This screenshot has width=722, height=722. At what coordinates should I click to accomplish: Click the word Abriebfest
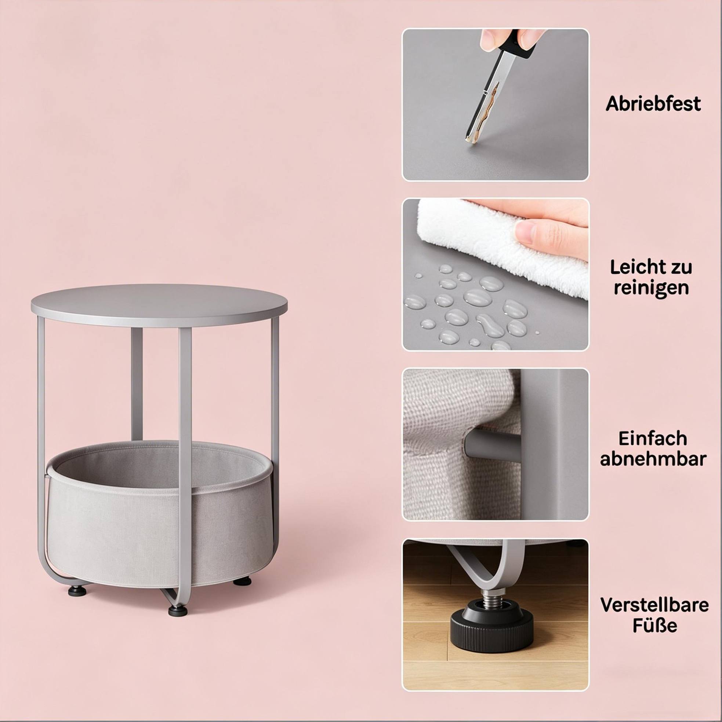(653, 103)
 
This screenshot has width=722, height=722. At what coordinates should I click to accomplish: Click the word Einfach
(653, 438)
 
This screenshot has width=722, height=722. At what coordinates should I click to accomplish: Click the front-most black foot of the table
(178, 610)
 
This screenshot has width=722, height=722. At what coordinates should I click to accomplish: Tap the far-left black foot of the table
(77, 590)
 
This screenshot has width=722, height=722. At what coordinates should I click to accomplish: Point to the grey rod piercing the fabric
(492, 445)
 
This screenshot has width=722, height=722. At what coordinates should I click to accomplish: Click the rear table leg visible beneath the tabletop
(137, 384)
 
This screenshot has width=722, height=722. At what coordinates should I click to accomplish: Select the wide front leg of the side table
(185, 467)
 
